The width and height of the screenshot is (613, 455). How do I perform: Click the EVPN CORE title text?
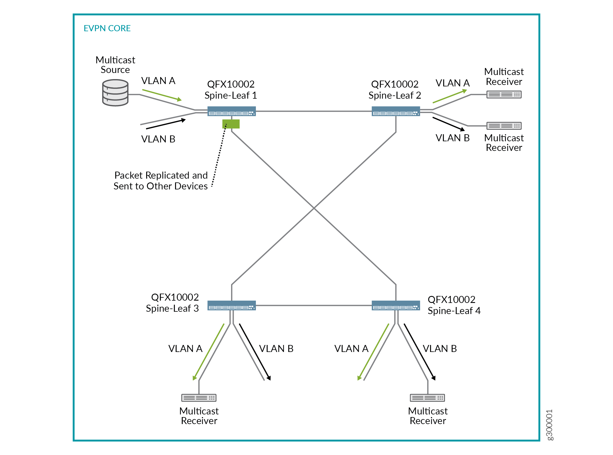click(x=107, y=28)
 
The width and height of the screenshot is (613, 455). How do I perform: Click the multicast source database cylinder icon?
click(x=115, y=93)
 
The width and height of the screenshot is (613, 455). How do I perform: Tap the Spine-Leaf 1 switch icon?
click(x=231, y=111)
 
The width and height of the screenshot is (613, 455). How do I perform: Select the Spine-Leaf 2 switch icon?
click(x=396, y=111)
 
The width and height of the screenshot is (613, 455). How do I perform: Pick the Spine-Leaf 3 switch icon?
click(x=231, y=305)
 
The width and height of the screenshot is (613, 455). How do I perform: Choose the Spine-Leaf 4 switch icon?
click(x=396, y=305)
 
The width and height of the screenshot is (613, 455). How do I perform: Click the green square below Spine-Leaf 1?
click(x=231, y=124)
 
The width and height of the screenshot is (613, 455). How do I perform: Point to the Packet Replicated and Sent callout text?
click(x=161, y=181)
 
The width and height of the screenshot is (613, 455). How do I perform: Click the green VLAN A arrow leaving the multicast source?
click(x=162, y=95)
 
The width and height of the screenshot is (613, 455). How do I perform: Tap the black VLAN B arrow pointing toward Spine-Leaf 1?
click(x=166, y=124)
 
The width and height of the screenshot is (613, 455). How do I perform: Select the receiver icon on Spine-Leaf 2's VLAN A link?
click(x=504, y=95)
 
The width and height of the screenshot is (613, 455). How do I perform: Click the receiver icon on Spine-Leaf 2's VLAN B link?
click(x=504, y=126)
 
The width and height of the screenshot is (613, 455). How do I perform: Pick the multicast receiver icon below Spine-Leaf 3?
click(x=199, y=398)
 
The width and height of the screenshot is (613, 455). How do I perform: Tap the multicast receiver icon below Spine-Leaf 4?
click(x=427, y=398)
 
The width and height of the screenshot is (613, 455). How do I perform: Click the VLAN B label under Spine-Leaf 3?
click(x=276, y=348)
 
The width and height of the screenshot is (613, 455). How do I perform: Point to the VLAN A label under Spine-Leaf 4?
click(x=351, y=348)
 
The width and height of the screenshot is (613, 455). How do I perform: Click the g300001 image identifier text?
click(x=549, y=425)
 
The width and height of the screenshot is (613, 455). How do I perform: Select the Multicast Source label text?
click(x=115, y=65)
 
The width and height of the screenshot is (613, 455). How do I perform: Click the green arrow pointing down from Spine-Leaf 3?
click(x=208, y=352)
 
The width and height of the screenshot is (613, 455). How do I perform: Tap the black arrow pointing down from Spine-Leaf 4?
click(x=420, y=352)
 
